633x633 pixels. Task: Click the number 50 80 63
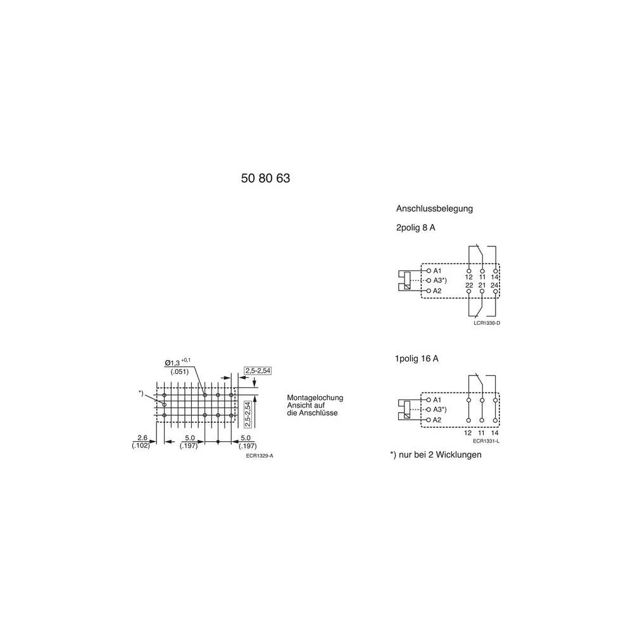pos(265,179)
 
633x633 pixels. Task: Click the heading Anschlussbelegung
pos(434,208)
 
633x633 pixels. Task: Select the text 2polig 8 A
pos(415,228)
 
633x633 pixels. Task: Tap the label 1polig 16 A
pos(417,358)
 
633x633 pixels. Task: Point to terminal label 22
pos(469,285)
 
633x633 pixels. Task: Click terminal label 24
pos(495,285)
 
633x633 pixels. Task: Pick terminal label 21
pos(482,285)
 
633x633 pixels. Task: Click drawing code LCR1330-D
pos(487,323)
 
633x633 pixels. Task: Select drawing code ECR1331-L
pos(486,441)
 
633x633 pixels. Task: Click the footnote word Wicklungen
pos(456,455)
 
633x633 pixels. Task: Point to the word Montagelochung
pos(315,398)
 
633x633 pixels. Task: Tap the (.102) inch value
pos(141,446)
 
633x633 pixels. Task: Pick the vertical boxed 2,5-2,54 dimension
pos(248,413)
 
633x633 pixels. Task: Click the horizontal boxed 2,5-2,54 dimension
pos(257,370)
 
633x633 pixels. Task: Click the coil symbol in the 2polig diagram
pos(408,280)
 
